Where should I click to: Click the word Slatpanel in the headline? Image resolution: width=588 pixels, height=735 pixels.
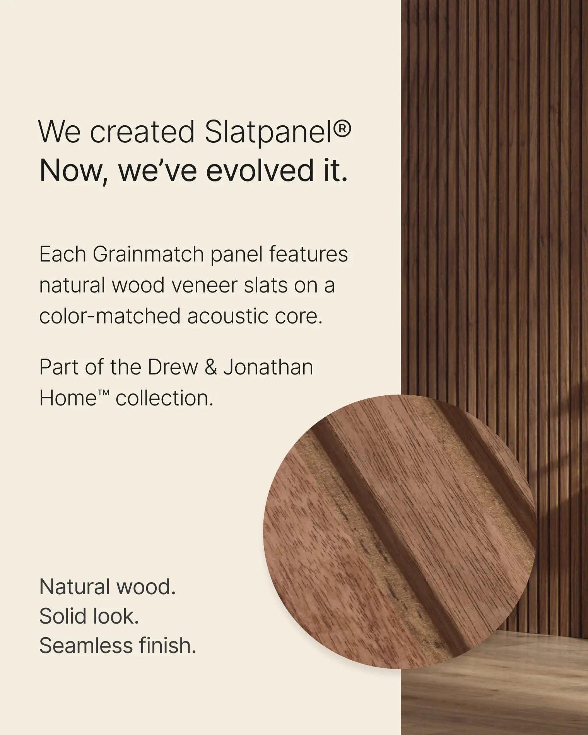[x=267, y=132]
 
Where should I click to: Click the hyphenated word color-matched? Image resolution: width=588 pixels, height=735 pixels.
[x=109, y=316]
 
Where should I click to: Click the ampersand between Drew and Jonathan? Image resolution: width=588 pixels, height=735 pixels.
[x=210, y=367]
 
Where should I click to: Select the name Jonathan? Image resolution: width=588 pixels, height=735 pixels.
[x=268, y=367]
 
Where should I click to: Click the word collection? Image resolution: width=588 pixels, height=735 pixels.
[x=164, y=398]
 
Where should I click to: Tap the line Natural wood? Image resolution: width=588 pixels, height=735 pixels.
[x=107, y=587]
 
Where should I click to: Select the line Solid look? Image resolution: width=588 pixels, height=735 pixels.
[x=89, y=616]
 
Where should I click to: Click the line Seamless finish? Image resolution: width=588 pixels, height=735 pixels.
[x=118, y=646]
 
